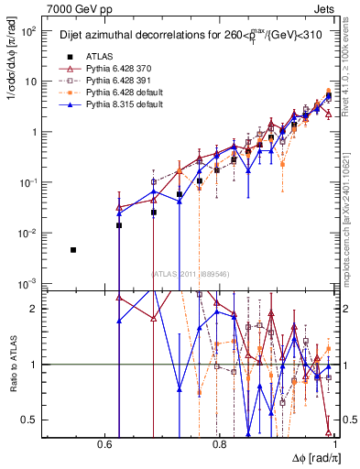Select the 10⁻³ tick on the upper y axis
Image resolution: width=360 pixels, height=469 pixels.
click(x=29, y=282)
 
